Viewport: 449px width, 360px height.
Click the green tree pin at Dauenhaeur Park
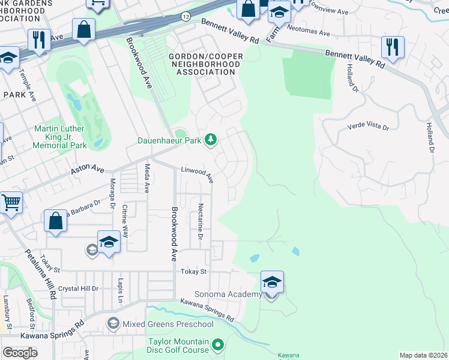pos(210,140)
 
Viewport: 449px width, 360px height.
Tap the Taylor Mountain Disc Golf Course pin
pos(218,344)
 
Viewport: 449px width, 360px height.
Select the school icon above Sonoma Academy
pos(272,281)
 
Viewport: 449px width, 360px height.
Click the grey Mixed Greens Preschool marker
pos(113,324)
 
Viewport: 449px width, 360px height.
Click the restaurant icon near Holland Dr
pos(393,46)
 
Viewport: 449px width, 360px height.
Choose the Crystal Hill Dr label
pos(78,289)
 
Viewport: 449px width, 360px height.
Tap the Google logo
pos(20,352)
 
